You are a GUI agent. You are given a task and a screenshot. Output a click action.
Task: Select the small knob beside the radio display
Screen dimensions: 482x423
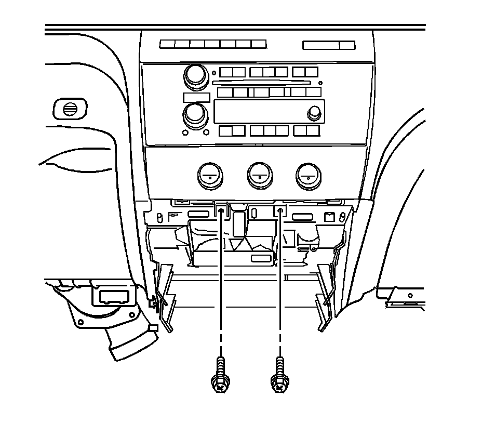pyautogui.click(x=314, y=113)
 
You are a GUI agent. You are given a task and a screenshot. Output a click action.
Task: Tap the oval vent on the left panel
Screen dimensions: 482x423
pyautogui.click(x=68, y=109)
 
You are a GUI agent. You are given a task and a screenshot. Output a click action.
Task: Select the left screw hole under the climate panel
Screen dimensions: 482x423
pyautogui.click(x=221, y=210)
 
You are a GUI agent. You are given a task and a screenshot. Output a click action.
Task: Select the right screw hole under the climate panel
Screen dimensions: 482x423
pyautogui.click(x=280, y=210)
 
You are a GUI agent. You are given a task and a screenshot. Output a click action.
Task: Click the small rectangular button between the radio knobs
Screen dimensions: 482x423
pyautogui.click(x=196, y=97)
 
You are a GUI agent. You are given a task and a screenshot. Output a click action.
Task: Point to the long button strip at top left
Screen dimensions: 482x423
pyautogui.click(x=213, y=45)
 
